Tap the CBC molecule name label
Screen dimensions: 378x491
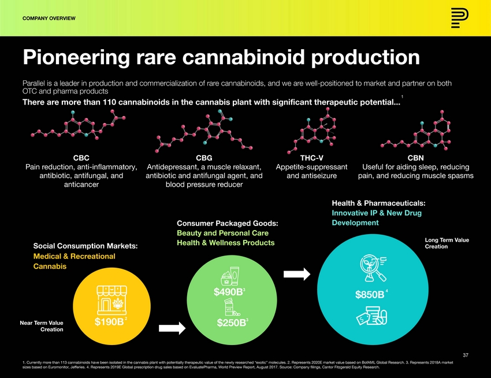pos(81,157)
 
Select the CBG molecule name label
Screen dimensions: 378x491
pos(204,157)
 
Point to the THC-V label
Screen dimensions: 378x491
pos(311,157)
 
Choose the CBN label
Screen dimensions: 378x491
pos(415,157)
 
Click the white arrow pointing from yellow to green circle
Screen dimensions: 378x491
pos(172,328)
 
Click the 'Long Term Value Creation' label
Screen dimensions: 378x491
pos(447,243)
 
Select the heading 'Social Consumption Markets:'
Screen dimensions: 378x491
pos(85,246)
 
